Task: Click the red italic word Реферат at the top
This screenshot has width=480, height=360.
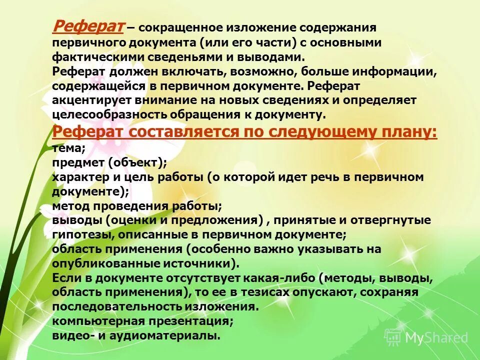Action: click(x=88, y=26)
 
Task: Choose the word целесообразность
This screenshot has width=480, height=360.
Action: click(x=110, y=114)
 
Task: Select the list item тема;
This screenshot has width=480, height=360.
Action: click(x=69, y=148)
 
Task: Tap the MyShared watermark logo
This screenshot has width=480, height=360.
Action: click(x=428, y=337)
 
